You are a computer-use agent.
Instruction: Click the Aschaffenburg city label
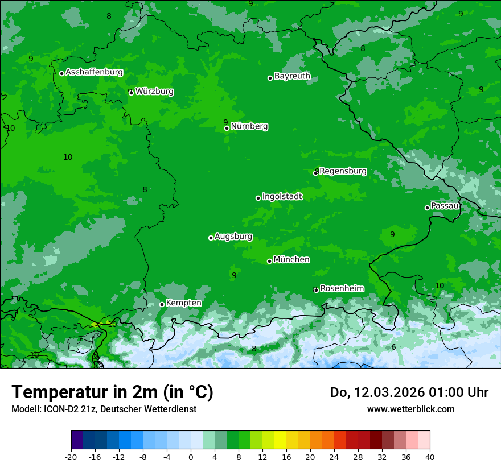tap(94, 72)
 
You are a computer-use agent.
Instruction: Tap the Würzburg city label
tap(154, 91)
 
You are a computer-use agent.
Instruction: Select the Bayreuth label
tap(292, 76)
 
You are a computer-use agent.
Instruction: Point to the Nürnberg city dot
tap(227, 128)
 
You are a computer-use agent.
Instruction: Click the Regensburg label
tap(343, 171)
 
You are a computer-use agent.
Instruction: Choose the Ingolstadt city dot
tap(258, 198)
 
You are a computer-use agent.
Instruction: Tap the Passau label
tap(445, 205)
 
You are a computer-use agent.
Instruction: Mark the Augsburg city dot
tap(211, 238)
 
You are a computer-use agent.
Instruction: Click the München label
tap(291, 259)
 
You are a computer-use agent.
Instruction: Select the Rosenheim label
tap(342, 288)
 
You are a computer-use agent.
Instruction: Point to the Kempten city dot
tap(162, 304)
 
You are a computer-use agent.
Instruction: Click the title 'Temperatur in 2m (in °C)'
tap(112, 392)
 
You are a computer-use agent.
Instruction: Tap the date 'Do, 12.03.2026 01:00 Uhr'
tap(409, 392)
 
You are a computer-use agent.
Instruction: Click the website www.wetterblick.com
tap(410, 409)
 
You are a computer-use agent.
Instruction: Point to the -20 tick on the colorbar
tap(71, 457)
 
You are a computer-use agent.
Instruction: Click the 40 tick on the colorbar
tap(430, 457)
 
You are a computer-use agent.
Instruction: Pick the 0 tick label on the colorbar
tap(191, 457)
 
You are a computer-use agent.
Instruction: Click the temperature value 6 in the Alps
tap(393, 347)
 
